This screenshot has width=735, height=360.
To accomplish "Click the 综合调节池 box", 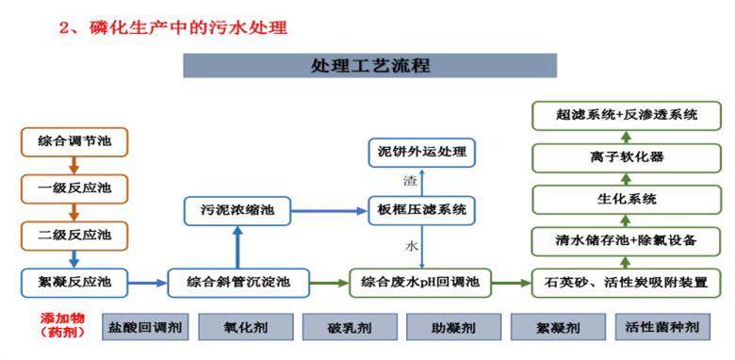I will tap(73, 141).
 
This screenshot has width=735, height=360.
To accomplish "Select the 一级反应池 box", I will tap(73, 188).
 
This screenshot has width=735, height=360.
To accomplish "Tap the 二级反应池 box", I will tap(73, 234).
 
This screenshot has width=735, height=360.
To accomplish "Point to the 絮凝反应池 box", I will tap(73, 281).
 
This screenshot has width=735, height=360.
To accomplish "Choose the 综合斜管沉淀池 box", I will tap(238, 282).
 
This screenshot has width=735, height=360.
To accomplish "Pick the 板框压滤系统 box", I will tap(422, 210).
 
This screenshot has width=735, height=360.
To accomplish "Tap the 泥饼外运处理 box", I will tap(422, 151).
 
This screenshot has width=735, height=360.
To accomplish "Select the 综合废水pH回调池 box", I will tap(422, 282).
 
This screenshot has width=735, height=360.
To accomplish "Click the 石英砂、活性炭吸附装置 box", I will tap(619, 282).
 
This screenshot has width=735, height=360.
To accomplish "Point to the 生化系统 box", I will tap(619, 199).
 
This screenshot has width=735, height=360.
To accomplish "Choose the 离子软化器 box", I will tap(619, 157).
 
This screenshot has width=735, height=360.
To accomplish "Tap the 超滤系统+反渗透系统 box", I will tap(619, 116).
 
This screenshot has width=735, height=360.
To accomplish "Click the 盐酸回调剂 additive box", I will tap(143, 327).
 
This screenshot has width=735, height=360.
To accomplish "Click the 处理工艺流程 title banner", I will tap(369, 65).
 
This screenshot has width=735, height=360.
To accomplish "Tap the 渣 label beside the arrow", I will tap(410, 179).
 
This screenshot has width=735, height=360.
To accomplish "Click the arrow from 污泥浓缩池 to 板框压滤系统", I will tap(329, 210).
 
